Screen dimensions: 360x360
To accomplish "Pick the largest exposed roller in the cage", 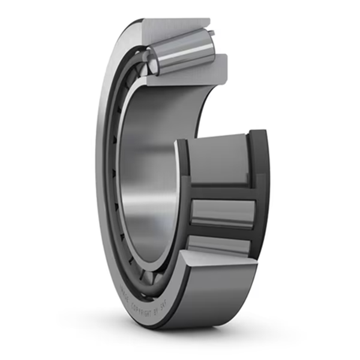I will (218, 159).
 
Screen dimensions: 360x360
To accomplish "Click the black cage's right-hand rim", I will (260, 185).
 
